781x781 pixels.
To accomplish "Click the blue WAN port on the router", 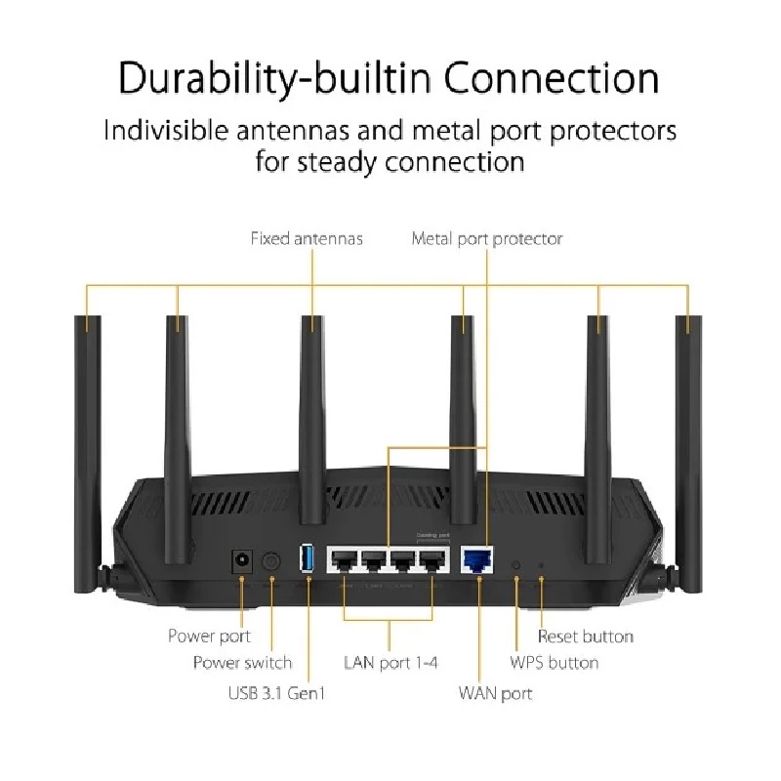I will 478,559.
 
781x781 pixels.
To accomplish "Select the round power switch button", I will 272,561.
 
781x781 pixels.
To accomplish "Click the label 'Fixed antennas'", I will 307,238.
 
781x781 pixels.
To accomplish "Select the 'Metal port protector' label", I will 487,238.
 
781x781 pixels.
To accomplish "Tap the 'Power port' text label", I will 209,637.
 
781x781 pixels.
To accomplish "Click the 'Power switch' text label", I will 242,663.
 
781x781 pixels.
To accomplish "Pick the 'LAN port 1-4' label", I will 390,663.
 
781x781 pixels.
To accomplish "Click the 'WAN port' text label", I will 495,694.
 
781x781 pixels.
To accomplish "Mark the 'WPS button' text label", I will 555,663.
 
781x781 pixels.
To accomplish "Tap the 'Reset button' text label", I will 586,637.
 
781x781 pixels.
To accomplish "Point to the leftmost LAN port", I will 344,559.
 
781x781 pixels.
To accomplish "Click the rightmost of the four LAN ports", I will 431,559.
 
